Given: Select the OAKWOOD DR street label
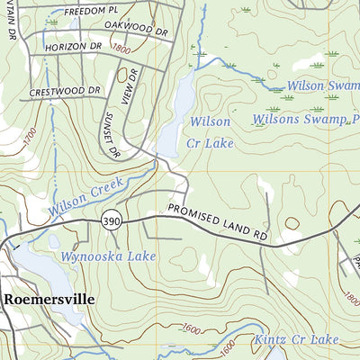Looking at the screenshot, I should (136, 30).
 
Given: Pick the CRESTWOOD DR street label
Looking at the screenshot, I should (64, 91).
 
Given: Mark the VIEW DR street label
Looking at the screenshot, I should (127, 87).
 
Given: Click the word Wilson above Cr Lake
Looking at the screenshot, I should (210, 121).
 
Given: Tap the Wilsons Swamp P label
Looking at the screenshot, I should (299, 120).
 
